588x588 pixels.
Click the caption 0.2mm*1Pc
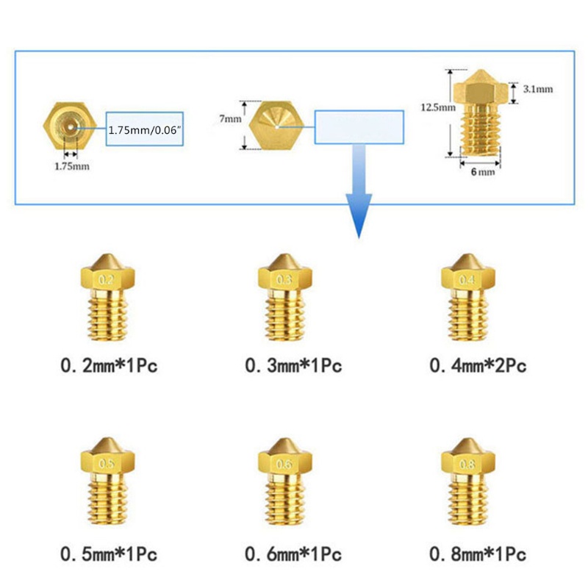110,365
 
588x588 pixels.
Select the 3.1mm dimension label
537,89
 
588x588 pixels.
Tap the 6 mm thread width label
482,172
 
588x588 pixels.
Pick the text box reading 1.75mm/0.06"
145,129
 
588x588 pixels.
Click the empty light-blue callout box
359,126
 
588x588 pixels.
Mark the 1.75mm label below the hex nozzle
72,166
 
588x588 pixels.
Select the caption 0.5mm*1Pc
110,552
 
